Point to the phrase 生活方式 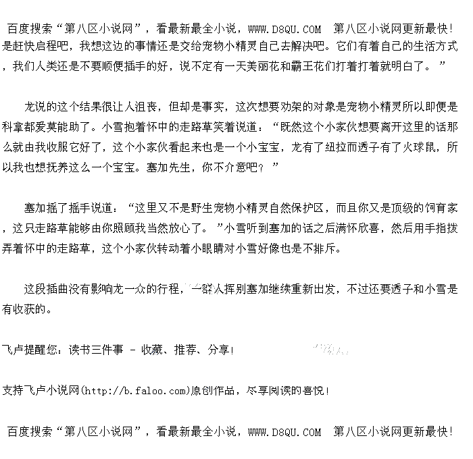[436, 47]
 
